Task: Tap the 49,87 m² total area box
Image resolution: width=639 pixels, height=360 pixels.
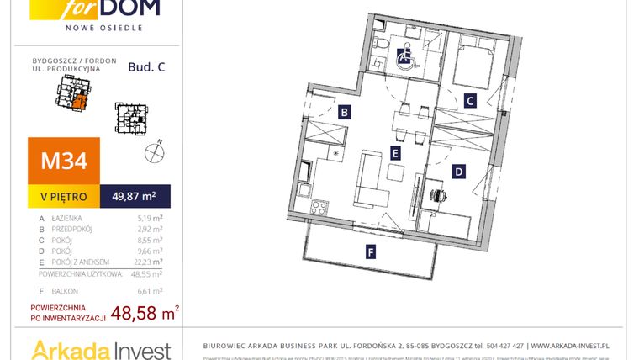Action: [135, 197]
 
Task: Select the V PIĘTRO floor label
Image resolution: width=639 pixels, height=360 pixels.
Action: [64, 197]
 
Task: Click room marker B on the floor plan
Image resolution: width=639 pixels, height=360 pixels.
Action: [345, 112]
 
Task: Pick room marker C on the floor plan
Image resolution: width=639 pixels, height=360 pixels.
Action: [471, 101]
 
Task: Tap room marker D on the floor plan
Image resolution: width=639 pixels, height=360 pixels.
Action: [458, 172]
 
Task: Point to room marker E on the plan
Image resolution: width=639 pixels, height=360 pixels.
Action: [394, 153]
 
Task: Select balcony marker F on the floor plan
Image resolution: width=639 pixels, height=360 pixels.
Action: [371, 250]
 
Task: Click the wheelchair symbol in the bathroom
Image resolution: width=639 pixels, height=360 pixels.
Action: [404, 56]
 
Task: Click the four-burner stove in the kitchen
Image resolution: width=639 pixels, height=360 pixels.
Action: [319, 205]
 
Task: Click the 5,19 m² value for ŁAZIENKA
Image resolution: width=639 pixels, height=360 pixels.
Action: [149, 218]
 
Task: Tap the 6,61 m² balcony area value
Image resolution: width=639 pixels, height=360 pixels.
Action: [149, 290]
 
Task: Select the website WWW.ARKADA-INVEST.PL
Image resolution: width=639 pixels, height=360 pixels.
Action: [569, 346]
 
